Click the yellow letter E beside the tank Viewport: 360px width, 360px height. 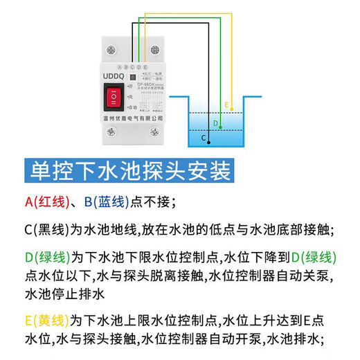[226, 105]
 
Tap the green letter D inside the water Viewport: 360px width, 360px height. [215, 124]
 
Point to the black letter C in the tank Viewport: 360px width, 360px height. [204, 138]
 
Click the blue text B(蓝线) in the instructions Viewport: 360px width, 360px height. [107, 201]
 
